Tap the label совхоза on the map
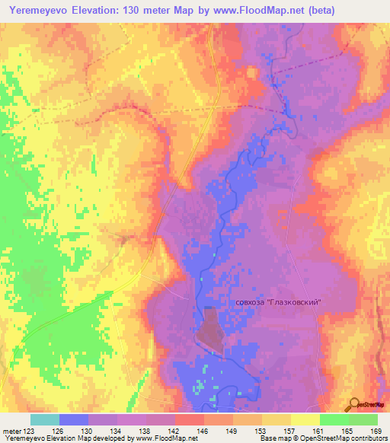click(x=252, y=302)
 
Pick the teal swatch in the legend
click(x=45, y=419)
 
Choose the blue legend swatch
click(x=74, y=419)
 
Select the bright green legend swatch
click(x=334, y=419)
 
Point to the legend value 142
click(x=174, y=432)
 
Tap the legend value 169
click(x=376, y=432)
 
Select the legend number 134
click(x=117, y=432)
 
